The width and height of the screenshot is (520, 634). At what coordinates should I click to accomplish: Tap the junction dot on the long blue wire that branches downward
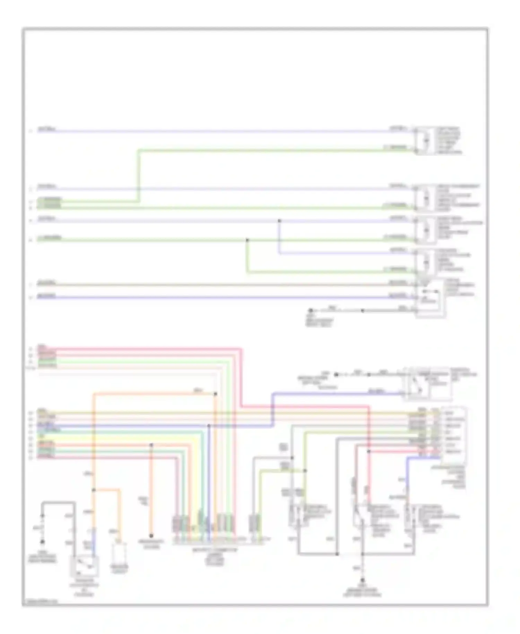pos(279,221)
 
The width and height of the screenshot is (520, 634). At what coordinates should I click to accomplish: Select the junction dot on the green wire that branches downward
pos(247,240)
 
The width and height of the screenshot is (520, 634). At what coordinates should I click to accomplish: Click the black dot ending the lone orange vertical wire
pos(151,536)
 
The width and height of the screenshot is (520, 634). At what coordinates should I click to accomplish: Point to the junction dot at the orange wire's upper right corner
pos(215,394)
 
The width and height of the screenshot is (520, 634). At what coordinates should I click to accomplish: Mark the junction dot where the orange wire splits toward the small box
pos(93,490)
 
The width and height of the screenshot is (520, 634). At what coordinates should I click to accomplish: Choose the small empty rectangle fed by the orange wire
pos(119,554)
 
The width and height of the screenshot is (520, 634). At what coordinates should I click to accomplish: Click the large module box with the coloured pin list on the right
pos(453,435)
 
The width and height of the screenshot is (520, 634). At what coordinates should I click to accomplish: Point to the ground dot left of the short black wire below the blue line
pos(311,310)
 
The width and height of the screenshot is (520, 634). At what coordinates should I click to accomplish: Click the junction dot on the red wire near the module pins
pos(369,451)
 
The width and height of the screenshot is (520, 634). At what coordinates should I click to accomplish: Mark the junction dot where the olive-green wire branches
pos(305,471)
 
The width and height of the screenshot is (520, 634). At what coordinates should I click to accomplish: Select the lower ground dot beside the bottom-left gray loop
pos(42,541)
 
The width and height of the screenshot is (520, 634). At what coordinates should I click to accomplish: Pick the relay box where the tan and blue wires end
pos(430,298)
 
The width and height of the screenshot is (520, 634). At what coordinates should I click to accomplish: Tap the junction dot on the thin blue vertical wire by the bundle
pos(209,426)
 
